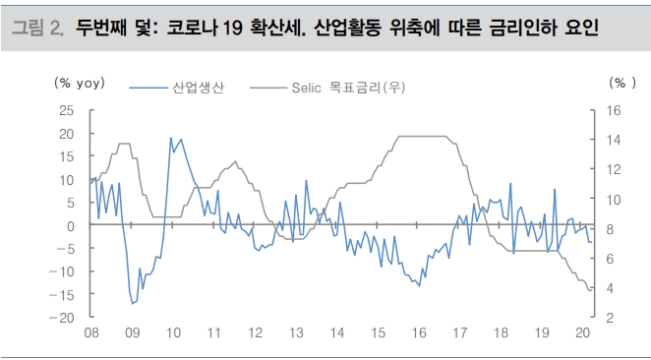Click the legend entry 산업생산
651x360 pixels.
198,89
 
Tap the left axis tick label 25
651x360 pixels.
67,110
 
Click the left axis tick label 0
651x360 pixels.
71,225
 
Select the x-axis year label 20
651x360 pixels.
582,333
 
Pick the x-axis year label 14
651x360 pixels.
336,333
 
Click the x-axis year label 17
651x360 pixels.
459,333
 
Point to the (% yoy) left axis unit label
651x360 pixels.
80,83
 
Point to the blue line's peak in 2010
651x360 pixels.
171,138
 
